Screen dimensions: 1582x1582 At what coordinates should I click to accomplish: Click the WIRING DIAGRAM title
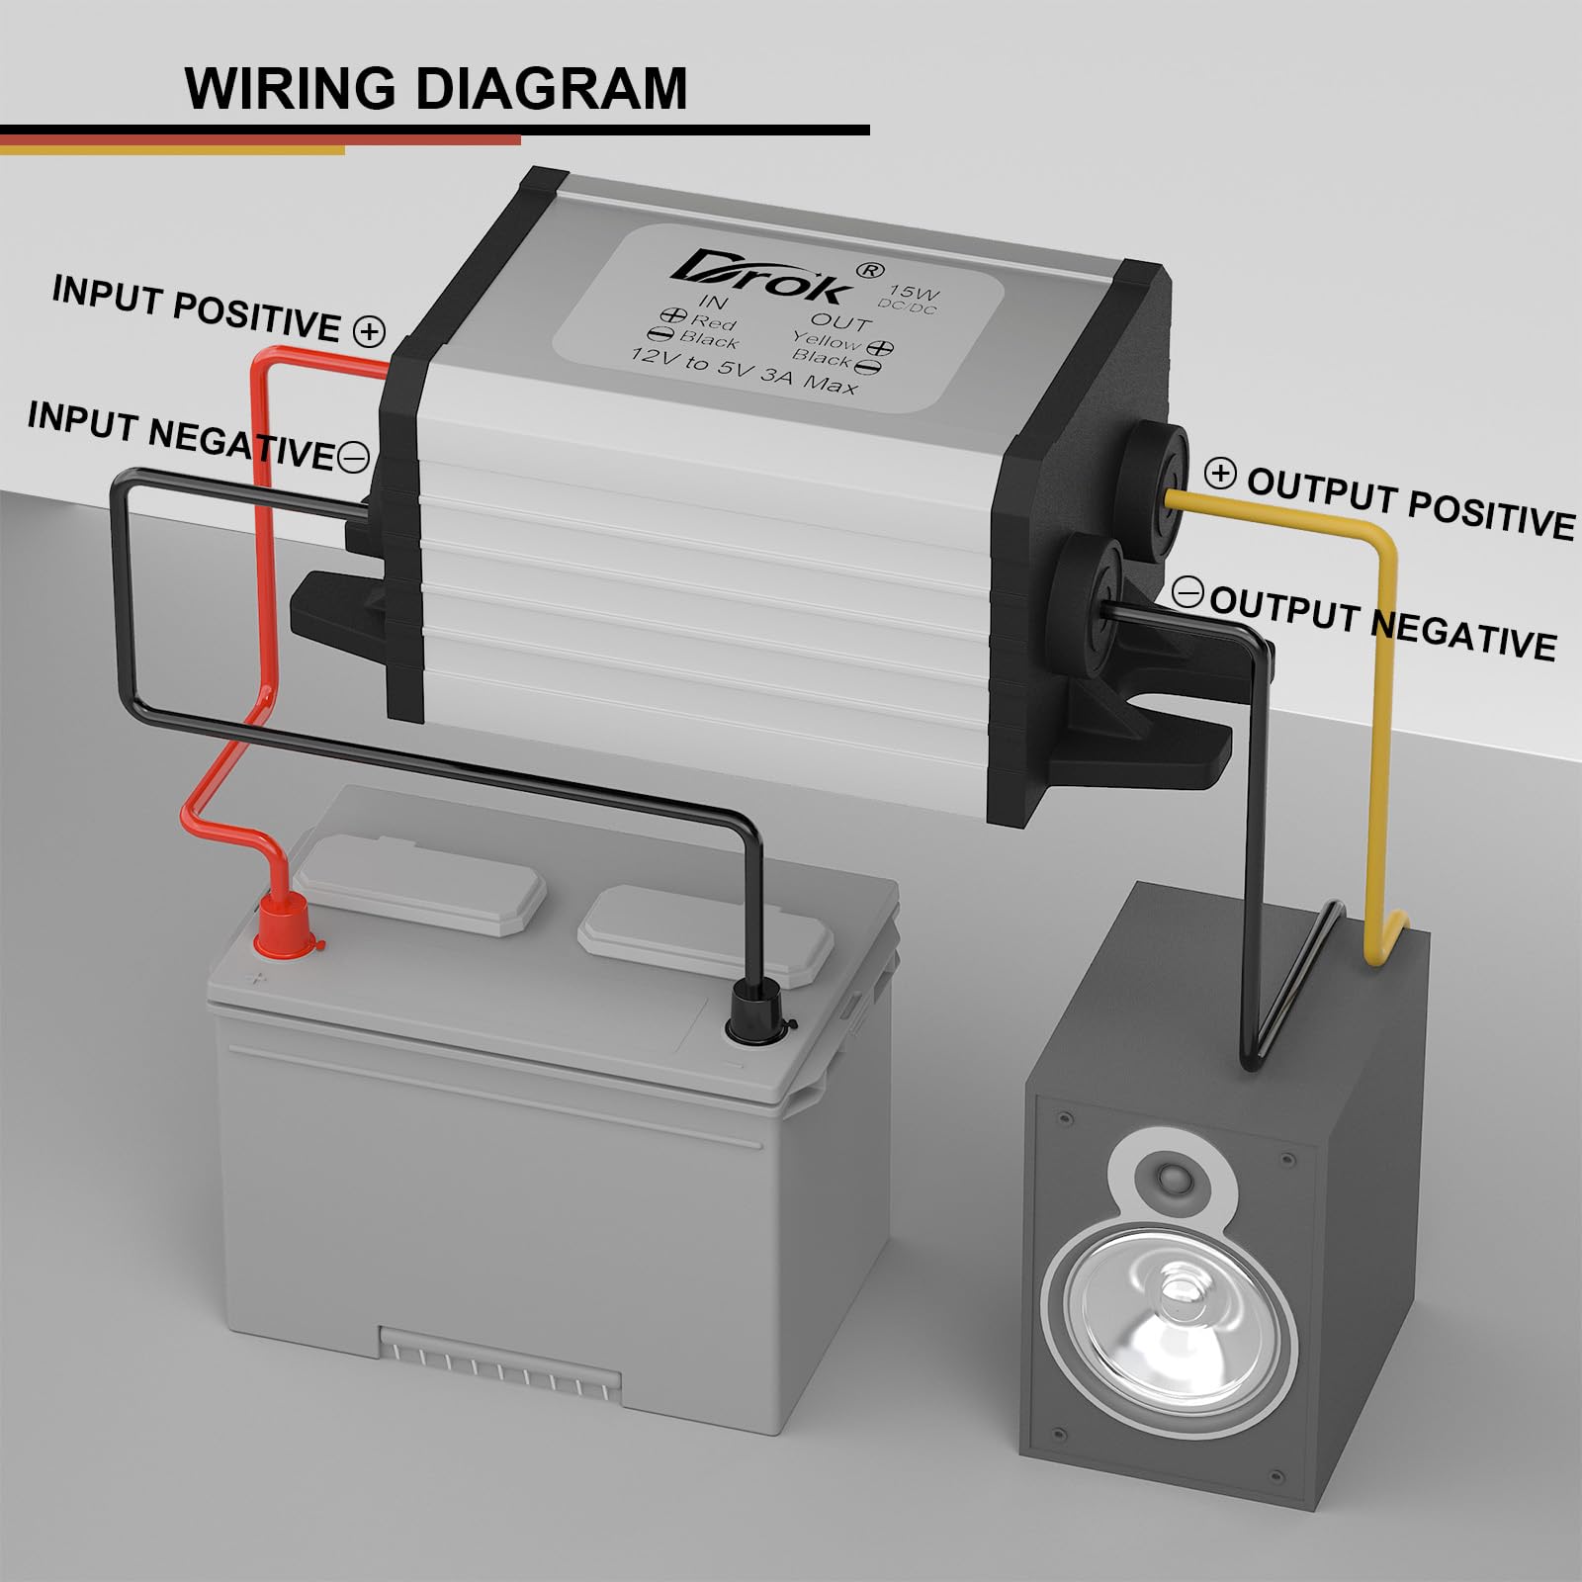[435, 88]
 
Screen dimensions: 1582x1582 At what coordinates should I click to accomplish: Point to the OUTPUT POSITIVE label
[1410, 504]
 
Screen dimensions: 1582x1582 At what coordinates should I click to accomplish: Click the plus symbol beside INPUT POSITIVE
[370, 331]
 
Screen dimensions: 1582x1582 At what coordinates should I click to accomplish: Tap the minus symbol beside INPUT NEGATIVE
[353, 457]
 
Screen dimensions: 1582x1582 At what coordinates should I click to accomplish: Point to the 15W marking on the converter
[914, 293]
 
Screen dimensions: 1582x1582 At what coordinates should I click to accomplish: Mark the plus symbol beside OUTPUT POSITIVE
[1221, 475]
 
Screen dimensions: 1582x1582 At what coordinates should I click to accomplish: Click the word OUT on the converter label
[840, 322]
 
